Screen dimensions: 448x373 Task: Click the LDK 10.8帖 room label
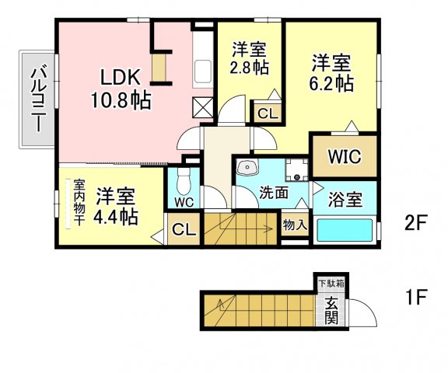[121, 89]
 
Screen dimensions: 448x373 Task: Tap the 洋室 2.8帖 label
[250, 58]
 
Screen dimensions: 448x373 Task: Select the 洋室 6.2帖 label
[331, 73]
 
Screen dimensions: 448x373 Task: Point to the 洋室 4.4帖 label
[115, 207]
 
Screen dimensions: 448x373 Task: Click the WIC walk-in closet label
[345, 156]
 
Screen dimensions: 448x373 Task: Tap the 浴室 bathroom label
[345, 200]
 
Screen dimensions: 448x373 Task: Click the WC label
[184, 202]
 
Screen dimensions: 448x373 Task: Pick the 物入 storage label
[295, 225]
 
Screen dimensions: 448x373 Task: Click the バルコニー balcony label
[38, 99]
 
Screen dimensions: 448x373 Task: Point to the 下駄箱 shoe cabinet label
[331, 284]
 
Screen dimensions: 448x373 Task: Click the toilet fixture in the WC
[184, 181]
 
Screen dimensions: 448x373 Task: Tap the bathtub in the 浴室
[345, 230]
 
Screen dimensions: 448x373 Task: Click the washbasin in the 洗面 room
[247, 167]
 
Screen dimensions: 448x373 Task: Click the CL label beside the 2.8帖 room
[268, 114]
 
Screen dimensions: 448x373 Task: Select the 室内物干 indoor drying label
[79, 203]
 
